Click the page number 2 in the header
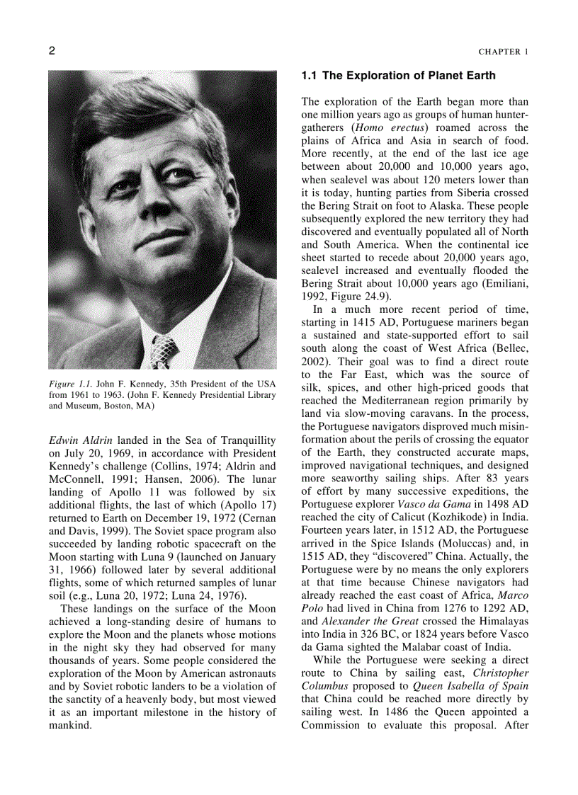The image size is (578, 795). click(52, 51)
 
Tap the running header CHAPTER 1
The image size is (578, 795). click(503, 52)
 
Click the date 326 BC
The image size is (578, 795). click(377, 634)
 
